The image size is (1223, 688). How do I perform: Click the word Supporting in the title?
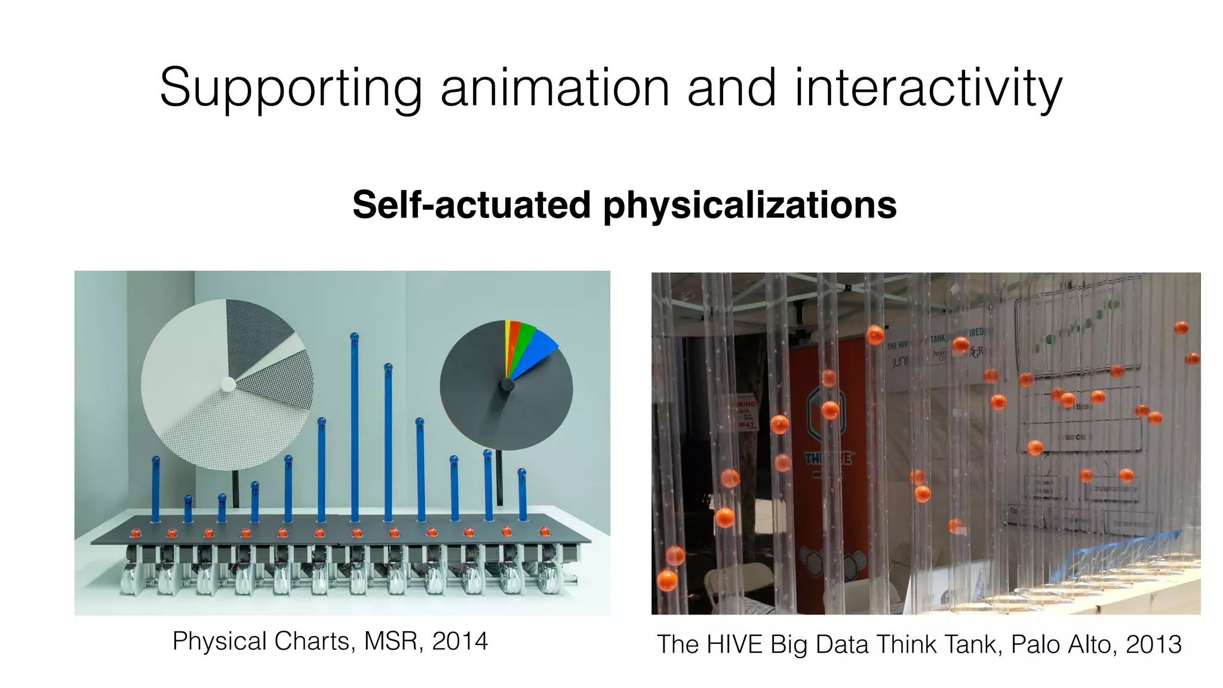tap(291, 88)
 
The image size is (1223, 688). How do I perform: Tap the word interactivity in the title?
tap(928, 88)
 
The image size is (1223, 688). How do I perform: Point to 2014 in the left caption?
tap(460, 641)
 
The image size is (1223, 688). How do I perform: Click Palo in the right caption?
tap(1031, 645)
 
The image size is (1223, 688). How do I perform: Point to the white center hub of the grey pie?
tap(228, 384)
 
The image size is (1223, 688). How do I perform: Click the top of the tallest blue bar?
tap(354, 338)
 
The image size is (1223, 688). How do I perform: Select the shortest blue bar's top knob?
tap(188, 499)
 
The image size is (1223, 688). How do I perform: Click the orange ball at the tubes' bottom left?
tap(667, 579)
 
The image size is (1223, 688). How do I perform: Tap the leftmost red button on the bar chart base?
tap(135, 532)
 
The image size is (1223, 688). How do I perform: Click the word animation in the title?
tap(555, 88)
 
